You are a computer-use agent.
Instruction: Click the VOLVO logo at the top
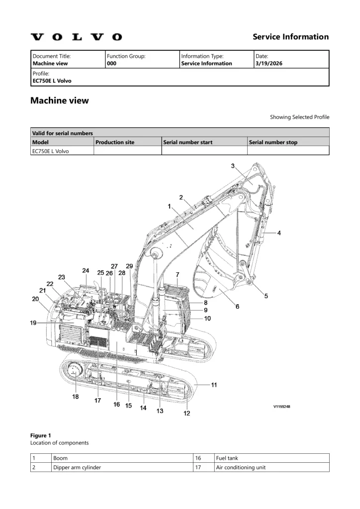tap(76, 37)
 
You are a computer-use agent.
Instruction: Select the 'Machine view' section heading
tap(60, 100)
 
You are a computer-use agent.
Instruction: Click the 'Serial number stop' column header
tap(273, 142)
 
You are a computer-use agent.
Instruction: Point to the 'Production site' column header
tap(115, 142)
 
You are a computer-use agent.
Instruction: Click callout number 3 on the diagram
tap(233, 166)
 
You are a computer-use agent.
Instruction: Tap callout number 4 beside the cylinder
tap(279, 233)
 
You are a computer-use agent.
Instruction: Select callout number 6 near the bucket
tap(237, 307)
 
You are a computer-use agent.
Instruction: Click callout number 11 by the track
tap(214, 385)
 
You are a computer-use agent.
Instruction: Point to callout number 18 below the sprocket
tap(76, 397)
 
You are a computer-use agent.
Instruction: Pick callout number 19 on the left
tap(33, 323)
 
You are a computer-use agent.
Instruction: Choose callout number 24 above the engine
tap(86, 271)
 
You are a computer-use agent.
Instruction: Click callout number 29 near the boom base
tap(130, 266)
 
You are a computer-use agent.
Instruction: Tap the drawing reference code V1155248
tap(281, 407)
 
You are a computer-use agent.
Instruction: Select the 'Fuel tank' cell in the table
tap(226, 458)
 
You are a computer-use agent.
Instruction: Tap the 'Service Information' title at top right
tap(290, 37)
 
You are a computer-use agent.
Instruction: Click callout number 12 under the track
tap(187, 413)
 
